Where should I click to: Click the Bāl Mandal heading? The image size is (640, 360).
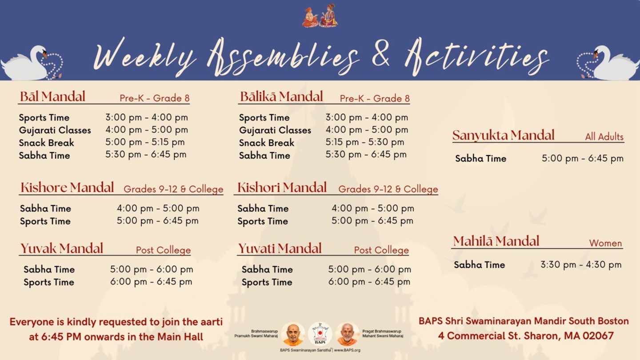(52, 96)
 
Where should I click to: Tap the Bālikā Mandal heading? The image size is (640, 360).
(281, 96)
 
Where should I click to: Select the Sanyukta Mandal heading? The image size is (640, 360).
(504, 136)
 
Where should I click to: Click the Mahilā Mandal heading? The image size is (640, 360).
(496, 241)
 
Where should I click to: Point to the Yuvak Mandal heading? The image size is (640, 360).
(62, 248)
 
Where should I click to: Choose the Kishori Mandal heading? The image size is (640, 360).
(282, 188)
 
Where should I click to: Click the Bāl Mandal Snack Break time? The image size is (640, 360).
(145, 142)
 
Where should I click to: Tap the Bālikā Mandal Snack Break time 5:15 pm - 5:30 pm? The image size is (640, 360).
(365, 142)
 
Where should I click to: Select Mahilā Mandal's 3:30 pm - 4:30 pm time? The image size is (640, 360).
(581, 264)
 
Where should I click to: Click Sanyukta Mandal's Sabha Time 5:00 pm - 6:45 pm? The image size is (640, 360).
(583, 158)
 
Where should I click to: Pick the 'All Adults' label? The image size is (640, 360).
(604, 137)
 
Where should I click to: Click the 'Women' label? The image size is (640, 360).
(605, 243)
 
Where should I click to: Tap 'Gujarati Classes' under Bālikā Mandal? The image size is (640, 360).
(275, 130)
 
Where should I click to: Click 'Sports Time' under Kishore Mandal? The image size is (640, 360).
(45, 221)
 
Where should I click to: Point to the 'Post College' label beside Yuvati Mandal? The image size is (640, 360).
(381, 250)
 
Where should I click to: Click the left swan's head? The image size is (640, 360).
(41, 52)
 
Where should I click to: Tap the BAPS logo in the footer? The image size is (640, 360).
(320, 333)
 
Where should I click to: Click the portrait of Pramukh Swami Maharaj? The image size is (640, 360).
(293, 334)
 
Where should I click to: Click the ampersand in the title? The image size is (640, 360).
(382, 56)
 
